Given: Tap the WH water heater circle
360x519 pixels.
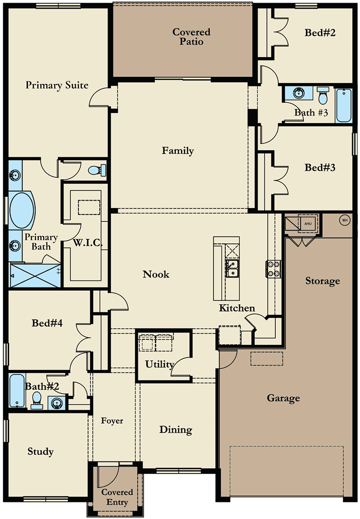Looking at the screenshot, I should pos(345,220).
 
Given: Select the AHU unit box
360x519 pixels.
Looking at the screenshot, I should pos(308,223).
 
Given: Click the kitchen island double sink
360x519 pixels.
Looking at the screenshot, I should pos(233,269).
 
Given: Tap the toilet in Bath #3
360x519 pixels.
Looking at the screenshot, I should pos(323,95).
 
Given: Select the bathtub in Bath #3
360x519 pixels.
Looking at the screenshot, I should pos(344,105).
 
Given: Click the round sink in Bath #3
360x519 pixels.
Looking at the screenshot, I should pos(298,93).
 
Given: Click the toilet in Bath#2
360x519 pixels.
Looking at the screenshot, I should pos(37,400).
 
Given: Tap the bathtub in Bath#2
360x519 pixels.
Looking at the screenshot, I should pos(17,391).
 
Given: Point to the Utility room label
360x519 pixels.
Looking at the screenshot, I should pos(159,364).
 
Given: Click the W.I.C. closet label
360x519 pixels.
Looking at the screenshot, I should pos(88,243).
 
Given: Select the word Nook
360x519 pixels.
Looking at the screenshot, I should pos(156,274).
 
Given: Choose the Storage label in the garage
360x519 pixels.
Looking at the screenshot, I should pos(322,281).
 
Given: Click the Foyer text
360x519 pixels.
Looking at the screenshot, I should pos(112,421).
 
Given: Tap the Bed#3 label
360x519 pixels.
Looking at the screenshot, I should pos(320,168).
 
